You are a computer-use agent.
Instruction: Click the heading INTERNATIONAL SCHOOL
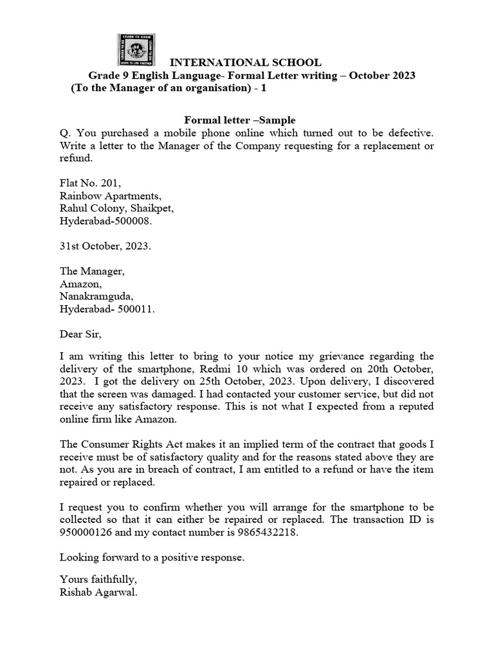pyautogui.click(x=245, y=63)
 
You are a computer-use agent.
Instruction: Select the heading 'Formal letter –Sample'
pyautogui.click(x=240, y=120)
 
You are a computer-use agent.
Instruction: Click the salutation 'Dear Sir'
pyautogui.click(x=80, y=334)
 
